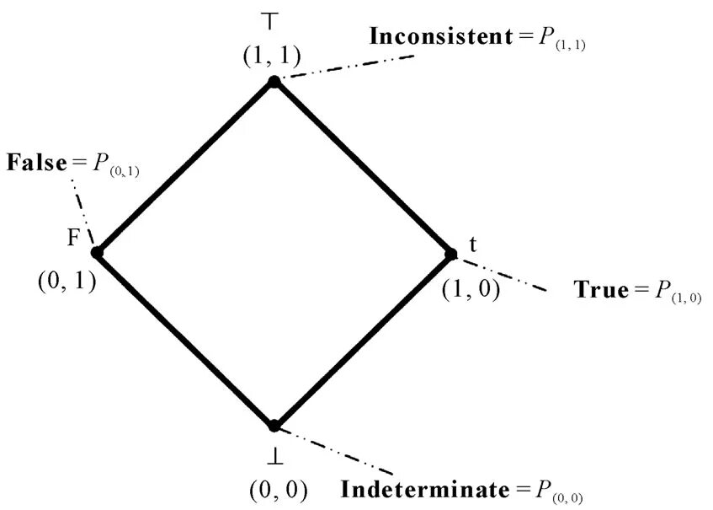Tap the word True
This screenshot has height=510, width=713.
(x=601, y=290)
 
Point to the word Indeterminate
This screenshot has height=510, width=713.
(x=425, y=489)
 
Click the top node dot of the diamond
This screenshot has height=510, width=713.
(x=274, y=81)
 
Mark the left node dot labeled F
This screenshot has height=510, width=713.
(x=97, y=252)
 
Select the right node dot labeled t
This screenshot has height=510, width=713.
(x=450, y=253)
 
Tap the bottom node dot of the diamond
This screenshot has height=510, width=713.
(x=274, y=426)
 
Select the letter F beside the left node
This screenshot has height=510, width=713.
(x=73, y=238)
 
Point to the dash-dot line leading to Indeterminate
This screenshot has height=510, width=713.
(x=337, y=451)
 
